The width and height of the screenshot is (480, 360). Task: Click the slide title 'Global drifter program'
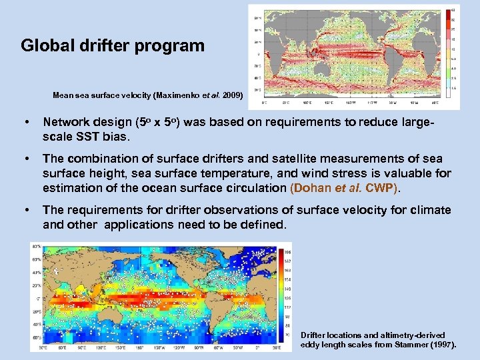112,46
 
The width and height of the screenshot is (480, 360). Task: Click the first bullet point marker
25,122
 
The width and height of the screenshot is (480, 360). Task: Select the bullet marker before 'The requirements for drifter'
25,210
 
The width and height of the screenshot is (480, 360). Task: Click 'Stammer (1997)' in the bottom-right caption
426,345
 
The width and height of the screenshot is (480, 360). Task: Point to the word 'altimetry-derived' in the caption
411,335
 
